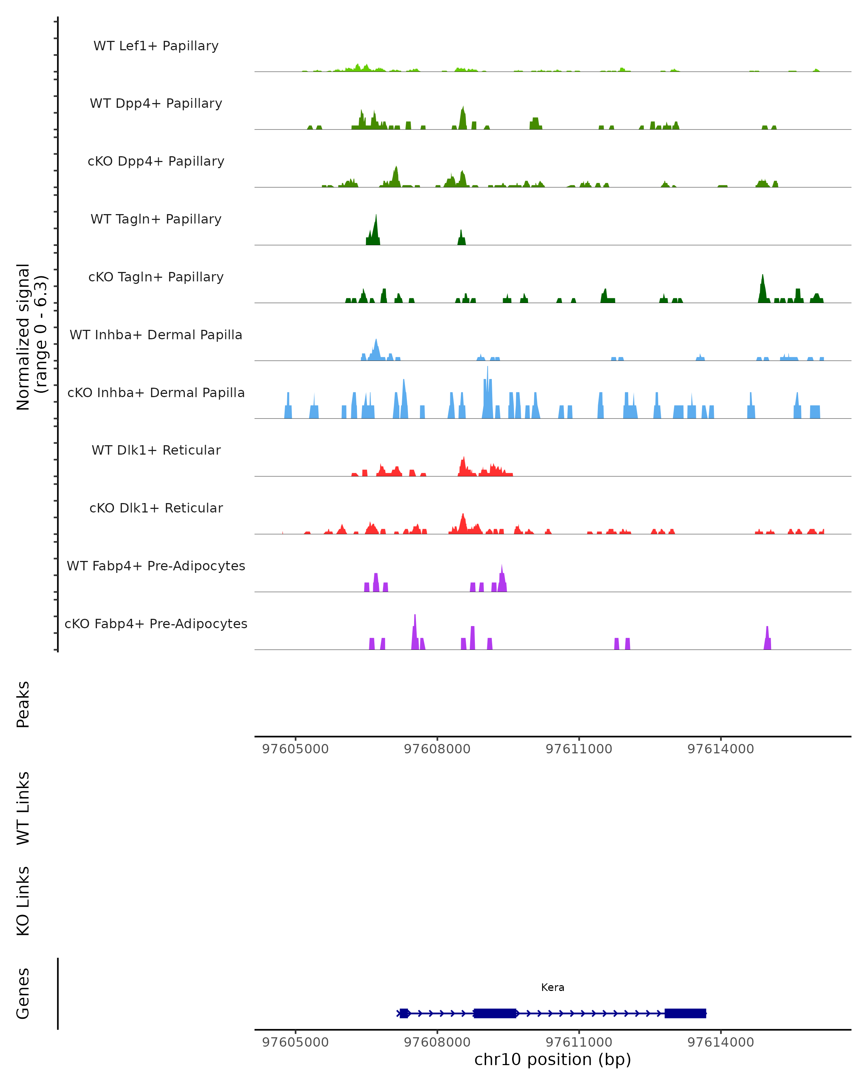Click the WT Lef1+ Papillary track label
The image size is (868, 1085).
pyautogui.click(x=156, y=46)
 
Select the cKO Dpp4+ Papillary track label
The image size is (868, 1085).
pyautogui.click(x=156, y=162)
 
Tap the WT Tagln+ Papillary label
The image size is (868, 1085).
pyautogui.click(x=156, y=220)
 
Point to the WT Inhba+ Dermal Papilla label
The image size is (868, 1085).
pyautogui.click(x=156, y=335)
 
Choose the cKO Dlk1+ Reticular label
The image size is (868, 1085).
pyautogui.click(x=156, y=508)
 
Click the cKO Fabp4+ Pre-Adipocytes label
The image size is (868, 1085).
pyautogui.click(x=156, y=624)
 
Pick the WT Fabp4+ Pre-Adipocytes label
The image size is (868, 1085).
pyautogui.click(x=156, y=566)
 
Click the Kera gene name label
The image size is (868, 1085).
pyautogui.click(x=553, y=988)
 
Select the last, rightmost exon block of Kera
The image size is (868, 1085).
pyautogui.click(x=685, y=1013)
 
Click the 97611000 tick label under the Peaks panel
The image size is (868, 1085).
pyautogui.click(x=579, y=749)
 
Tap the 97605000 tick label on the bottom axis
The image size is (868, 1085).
pyautogui.click(x=295, y=1042)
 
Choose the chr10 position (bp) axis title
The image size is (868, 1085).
pyautogui.click(x=553, y=1060)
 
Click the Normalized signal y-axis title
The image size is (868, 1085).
pyautogui.click(x=31, y=337)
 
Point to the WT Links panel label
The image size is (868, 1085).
pyautogui.click(x=23, y=808)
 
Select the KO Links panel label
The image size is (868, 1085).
pyautogui.click(x=23, y=901)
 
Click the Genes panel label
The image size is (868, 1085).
pyautogui.click(x=23, y=994)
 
